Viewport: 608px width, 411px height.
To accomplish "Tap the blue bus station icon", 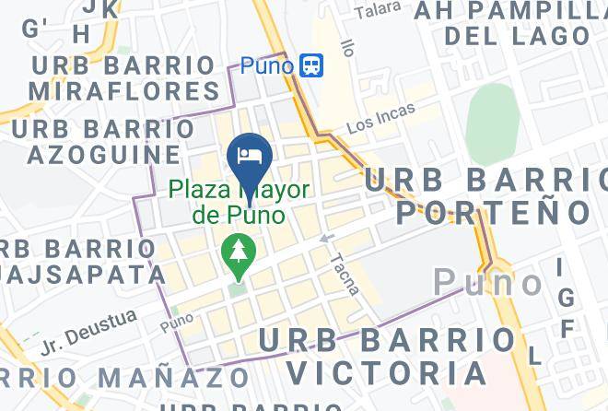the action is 311,65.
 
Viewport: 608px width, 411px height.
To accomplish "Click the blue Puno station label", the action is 267,66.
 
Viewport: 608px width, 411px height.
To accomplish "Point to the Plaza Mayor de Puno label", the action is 238,204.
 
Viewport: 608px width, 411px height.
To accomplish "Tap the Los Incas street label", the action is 380,118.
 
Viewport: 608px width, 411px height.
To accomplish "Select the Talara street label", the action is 378,11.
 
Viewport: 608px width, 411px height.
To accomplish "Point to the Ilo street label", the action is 346,46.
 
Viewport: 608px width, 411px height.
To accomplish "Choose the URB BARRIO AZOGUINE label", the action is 96,140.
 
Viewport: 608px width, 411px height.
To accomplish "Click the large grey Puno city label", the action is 489,282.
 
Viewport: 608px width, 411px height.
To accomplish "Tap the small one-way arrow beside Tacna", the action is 325,239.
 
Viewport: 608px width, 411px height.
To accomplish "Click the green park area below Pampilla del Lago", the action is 492,124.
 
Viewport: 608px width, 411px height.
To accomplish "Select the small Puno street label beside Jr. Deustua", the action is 177,324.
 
